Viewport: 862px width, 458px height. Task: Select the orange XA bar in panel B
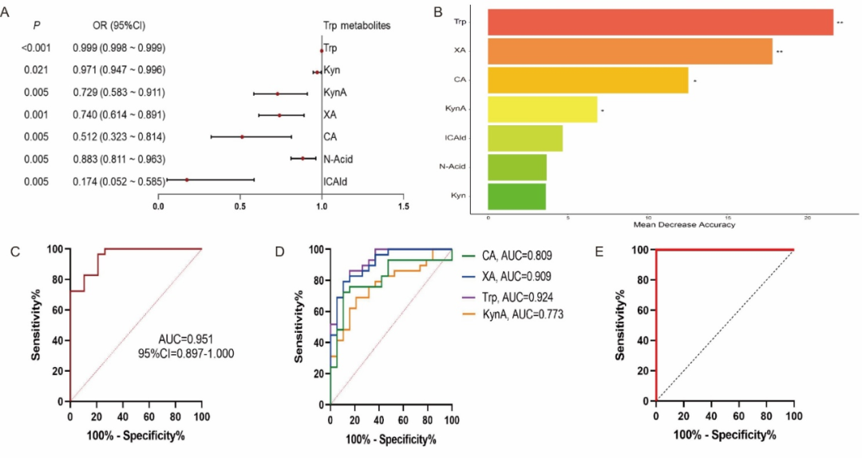coord(629,52)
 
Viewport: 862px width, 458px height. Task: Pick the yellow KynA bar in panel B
coord(542,109)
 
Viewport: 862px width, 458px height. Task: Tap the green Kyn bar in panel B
coord(516,195)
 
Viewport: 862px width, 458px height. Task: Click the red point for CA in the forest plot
coord(242,136)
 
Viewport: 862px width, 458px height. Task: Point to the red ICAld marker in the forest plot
coord(187,180)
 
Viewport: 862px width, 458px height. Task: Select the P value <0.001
coord(37,49)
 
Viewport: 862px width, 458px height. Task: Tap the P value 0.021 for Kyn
coord(37,71)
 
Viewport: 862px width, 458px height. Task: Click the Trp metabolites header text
coord(357,26)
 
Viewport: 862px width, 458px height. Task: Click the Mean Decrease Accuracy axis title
coord(684,224)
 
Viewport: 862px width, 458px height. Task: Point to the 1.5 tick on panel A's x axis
coord(403,207)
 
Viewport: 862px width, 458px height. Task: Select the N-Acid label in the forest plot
coord(338,159)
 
